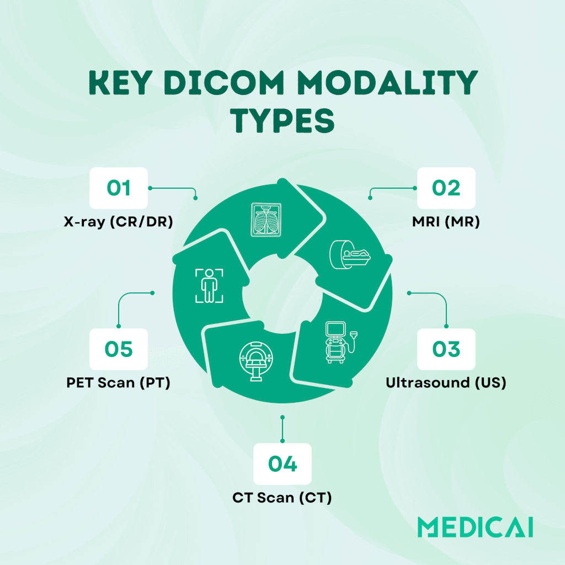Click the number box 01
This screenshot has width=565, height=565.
coord(119,188)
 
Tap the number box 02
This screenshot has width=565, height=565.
coord(446,188)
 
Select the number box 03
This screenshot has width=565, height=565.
coord(446,349)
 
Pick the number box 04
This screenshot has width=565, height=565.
coord(282,463)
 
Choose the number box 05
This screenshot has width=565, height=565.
coord(119,349)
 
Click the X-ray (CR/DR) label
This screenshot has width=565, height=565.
coord(119,222)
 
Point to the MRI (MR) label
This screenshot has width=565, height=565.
coord(446,222)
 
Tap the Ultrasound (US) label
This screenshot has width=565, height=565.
coord(446,383)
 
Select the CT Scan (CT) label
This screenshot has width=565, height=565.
coord(282,498)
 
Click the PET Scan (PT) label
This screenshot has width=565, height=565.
coord(119,383)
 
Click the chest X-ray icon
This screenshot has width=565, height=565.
coord(266,220)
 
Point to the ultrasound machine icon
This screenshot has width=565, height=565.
coord(341,342)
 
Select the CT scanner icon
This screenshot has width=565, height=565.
coord(256,361)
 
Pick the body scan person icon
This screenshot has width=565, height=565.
coord(209,286)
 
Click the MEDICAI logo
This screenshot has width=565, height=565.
coord(475,527)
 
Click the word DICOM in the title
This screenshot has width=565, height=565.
coord(224,83)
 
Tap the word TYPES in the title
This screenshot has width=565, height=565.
coord(283,120)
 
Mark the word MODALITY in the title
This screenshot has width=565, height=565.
coord(387,83)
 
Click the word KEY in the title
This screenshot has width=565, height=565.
coord(120,83)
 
